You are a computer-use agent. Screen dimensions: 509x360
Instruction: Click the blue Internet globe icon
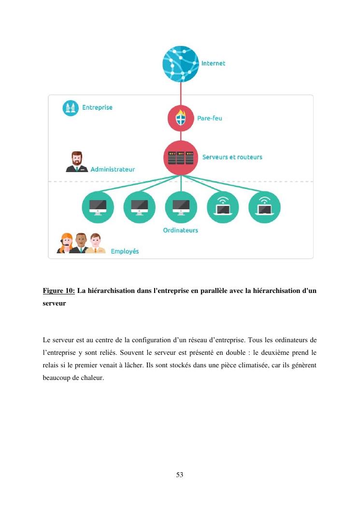[x=181, y=64]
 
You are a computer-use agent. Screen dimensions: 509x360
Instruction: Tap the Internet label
[x=213, y=63]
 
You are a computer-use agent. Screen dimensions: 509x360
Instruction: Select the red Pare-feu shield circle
[x=181, y=118]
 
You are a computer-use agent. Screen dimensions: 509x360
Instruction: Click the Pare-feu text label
[x=209, y=118]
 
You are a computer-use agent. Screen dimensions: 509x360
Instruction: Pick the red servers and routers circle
[x=181, y=158]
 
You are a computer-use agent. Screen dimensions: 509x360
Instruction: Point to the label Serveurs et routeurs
[x=232, y=157]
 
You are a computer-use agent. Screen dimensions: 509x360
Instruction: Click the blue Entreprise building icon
[x=71, y=108]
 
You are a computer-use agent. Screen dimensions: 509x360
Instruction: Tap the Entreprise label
[x=97, y=107]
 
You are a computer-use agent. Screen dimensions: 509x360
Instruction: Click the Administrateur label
[x=113, y=169]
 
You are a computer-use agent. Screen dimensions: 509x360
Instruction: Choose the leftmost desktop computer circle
[x=98, y=207]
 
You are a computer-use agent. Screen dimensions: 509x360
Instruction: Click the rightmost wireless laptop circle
[x=264, y=207]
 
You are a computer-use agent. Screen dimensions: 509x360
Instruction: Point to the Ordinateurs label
[x=180, y=230]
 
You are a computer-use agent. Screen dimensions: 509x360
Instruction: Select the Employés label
[x=125, y=251]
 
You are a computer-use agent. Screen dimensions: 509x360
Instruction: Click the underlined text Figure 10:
[x=58, y=291]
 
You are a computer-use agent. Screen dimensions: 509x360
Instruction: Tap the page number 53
[x=180, y=475]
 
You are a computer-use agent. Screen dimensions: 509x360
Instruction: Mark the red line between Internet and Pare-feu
[x=181, y=93]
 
